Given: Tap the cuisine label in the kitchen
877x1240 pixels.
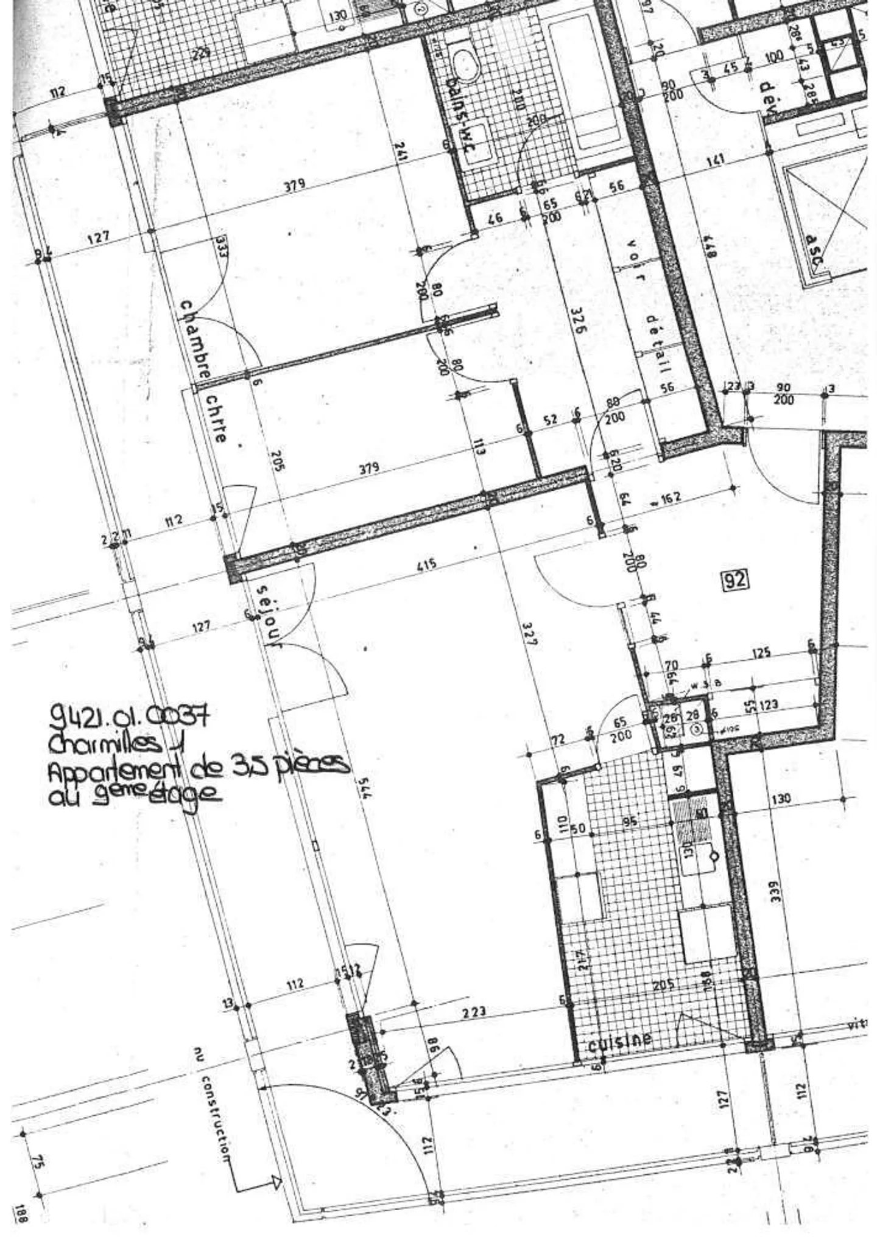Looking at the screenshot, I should [619, 1042].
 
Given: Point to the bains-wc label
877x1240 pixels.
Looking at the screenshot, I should [461, 119].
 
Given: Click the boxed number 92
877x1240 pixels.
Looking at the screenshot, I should [734, 580].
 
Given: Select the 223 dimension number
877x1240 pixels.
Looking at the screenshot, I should [474, 1011].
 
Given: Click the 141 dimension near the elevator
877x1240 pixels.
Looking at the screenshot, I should [716, 161].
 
